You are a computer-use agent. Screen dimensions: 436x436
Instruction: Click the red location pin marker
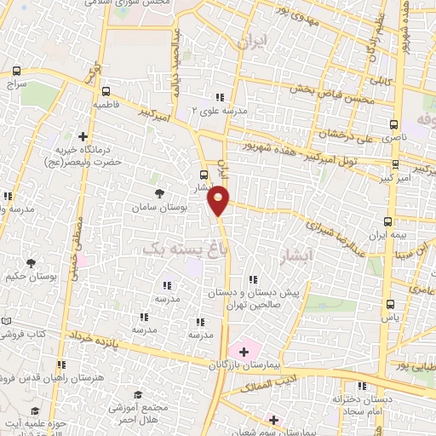[x=219, y=200]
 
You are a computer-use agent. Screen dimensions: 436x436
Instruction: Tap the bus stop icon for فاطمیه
[x=106, y=92]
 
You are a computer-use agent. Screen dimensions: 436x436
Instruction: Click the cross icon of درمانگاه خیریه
[x=83, y=135]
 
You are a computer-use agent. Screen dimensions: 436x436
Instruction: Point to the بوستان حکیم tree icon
[x=32, y=264]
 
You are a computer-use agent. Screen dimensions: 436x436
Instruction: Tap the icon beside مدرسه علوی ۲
[x=220, y=97]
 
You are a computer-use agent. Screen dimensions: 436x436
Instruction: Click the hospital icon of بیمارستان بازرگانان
[x=244, y=350]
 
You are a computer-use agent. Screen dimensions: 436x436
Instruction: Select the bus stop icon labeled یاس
[x=390, y=304]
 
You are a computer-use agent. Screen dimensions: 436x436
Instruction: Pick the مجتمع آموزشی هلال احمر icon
[x=138, y=395]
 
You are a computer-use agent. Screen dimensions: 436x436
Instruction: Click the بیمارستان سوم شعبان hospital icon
[x=273, y=420]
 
